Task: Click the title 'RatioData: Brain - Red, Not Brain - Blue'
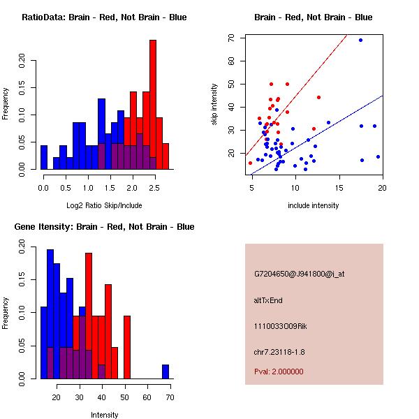tap(104, 17)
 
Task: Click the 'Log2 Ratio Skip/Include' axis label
tap(104, 205)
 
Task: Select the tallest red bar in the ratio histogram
tap(153, 104)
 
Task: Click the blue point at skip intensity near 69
tap(360, 40)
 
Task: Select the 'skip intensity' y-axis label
tap(216, 104)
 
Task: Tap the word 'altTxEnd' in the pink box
tap(268, 300)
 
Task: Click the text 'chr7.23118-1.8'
tap(279, 351)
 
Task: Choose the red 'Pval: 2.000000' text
tap(279, 372)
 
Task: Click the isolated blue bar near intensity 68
tap(166, 372)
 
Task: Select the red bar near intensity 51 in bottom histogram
tap(127, 347)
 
